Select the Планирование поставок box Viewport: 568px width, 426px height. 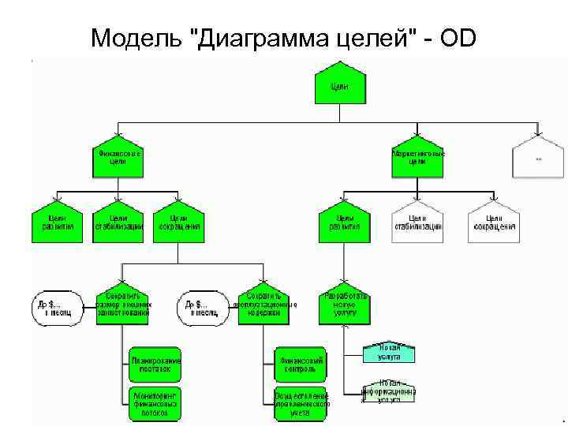[x=156, y=364]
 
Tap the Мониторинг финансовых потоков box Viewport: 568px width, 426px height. [x=156, y=402]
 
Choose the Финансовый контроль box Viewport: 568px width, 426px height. [x=300, y=364]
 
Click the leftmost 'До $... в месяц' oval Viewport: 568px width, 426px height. [x=56, y=306]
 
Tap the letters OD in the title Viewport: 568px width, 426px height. [x=458, y=38]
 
